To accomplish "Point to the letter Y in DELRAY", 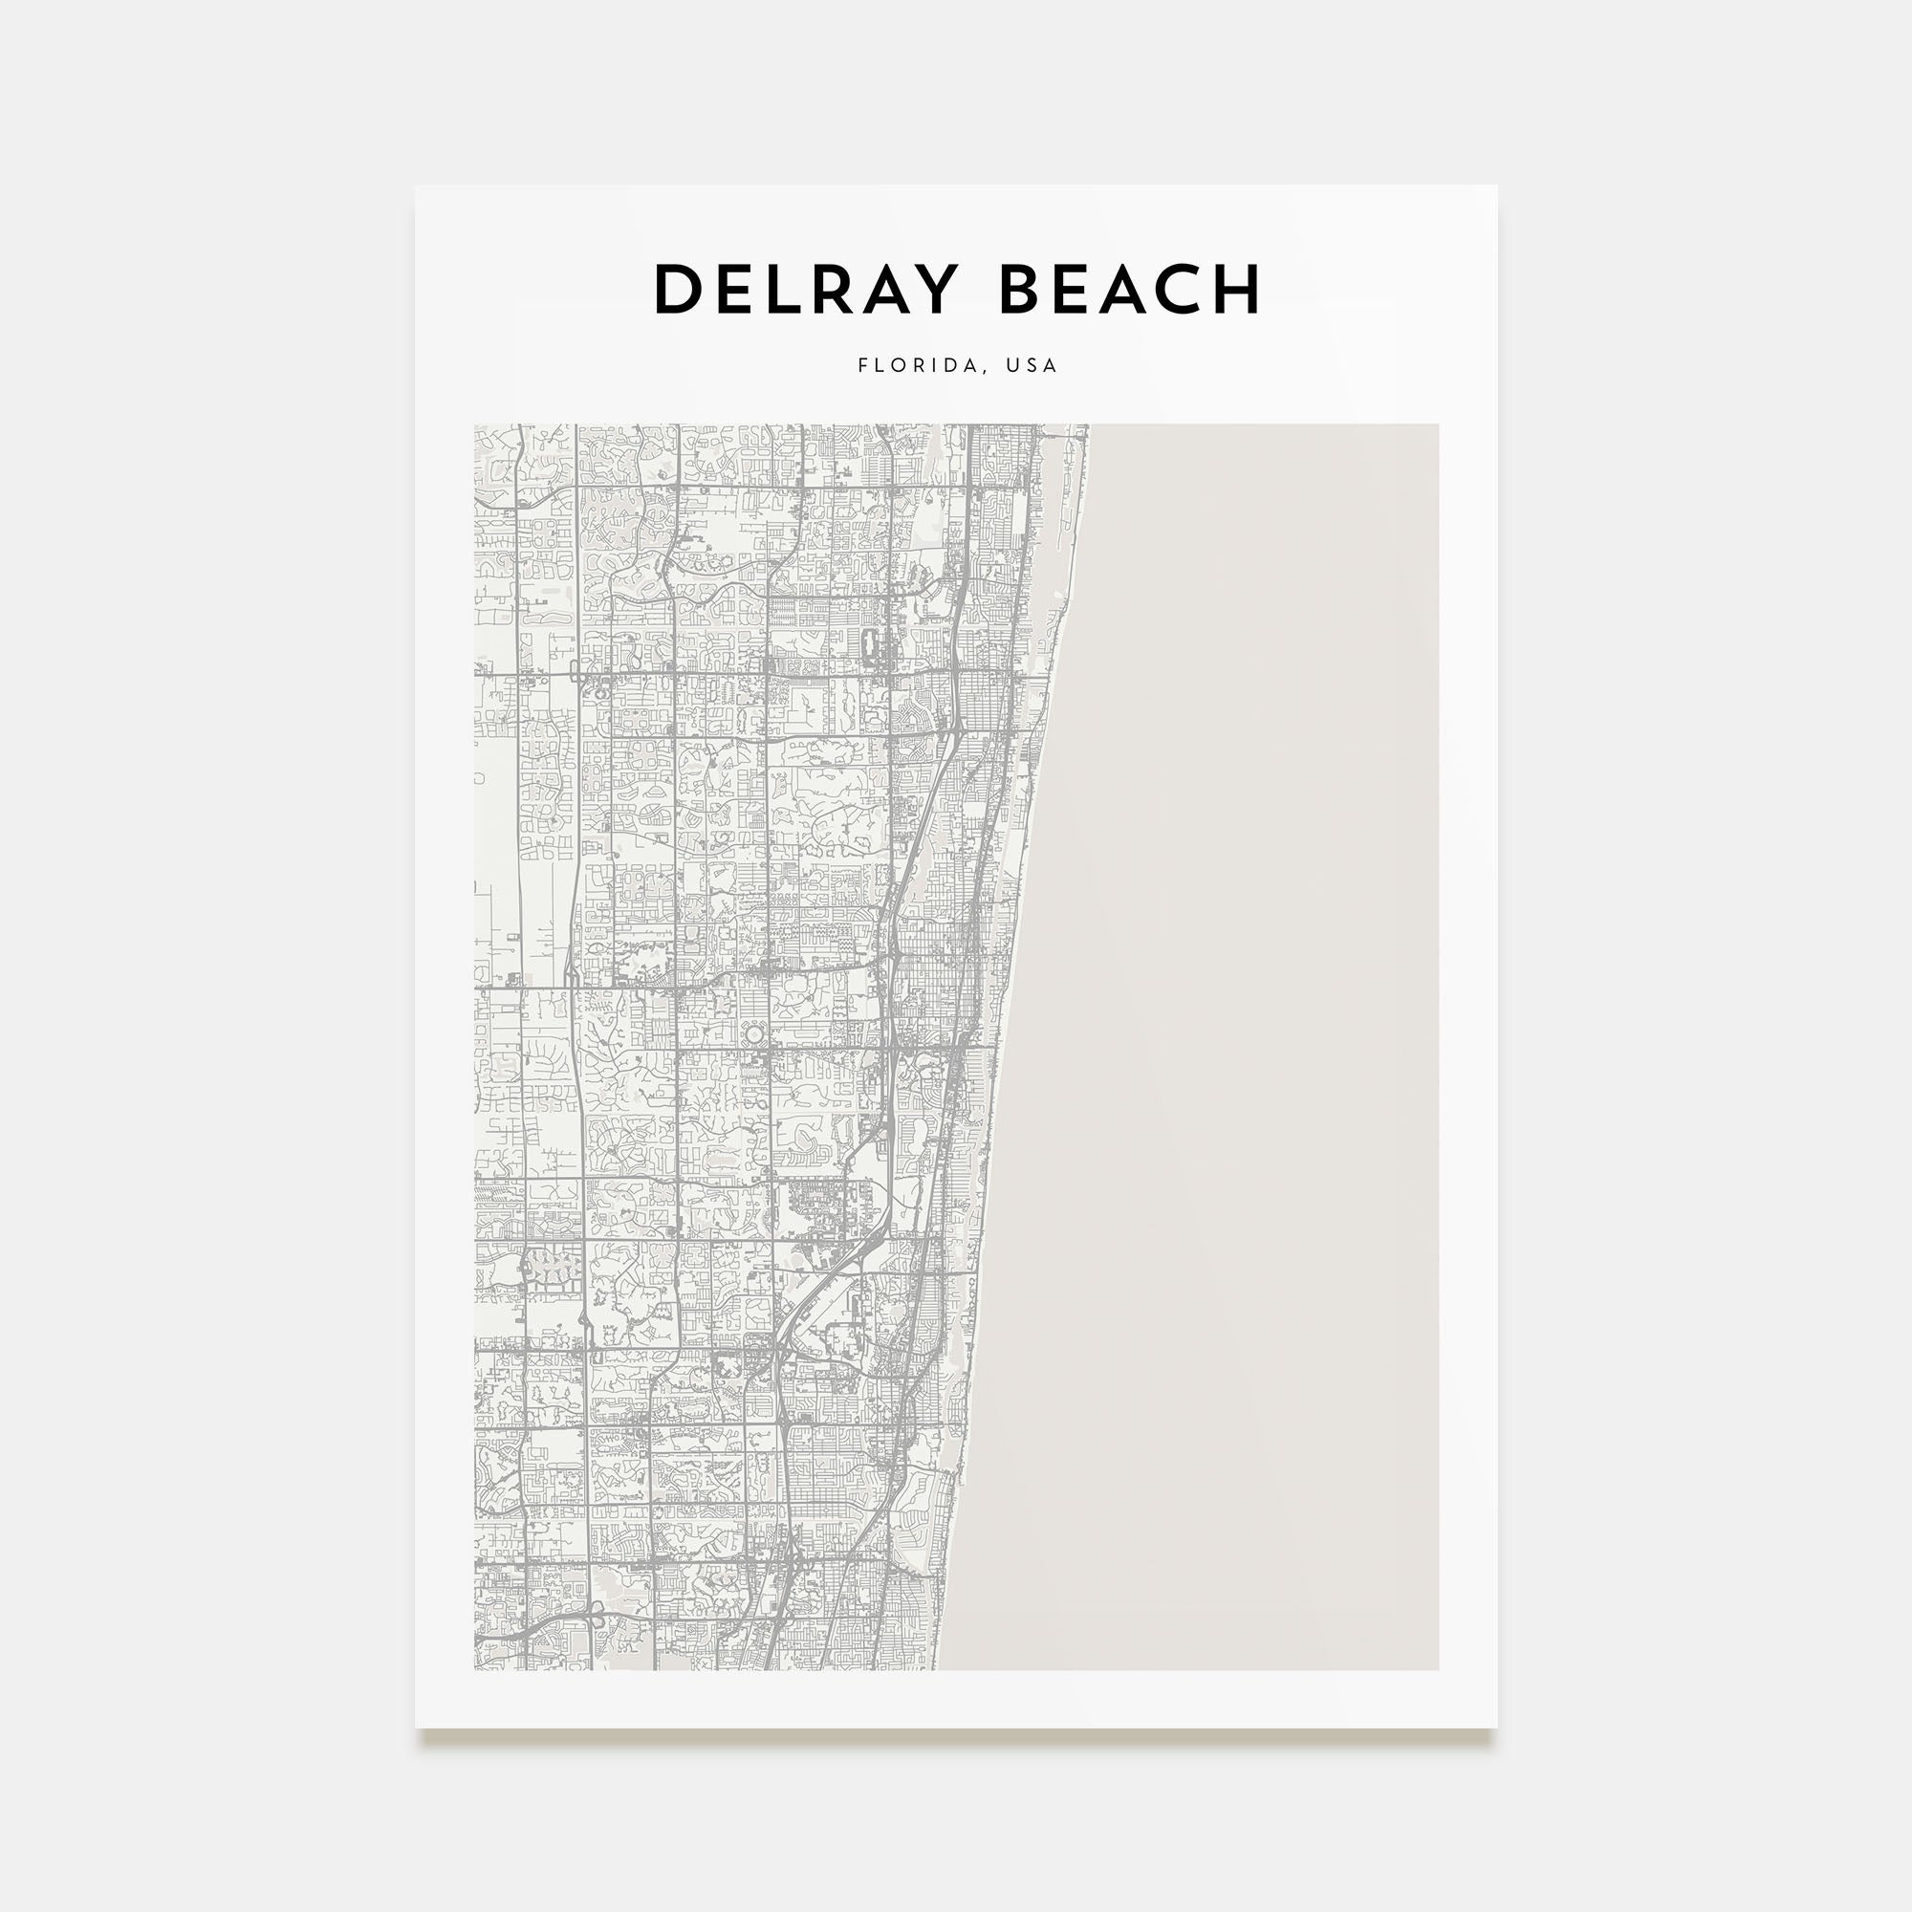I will coord(935,289).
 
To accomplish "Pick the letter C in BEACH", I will coord(1174,289).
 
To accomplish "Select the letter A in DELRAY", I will coord(886,289).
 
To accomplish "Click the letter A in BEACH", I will coord(1119,289).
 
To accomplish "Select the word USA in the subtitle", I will coord(1032,365).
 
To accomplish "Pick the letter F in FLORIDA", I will coord(863,365).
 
